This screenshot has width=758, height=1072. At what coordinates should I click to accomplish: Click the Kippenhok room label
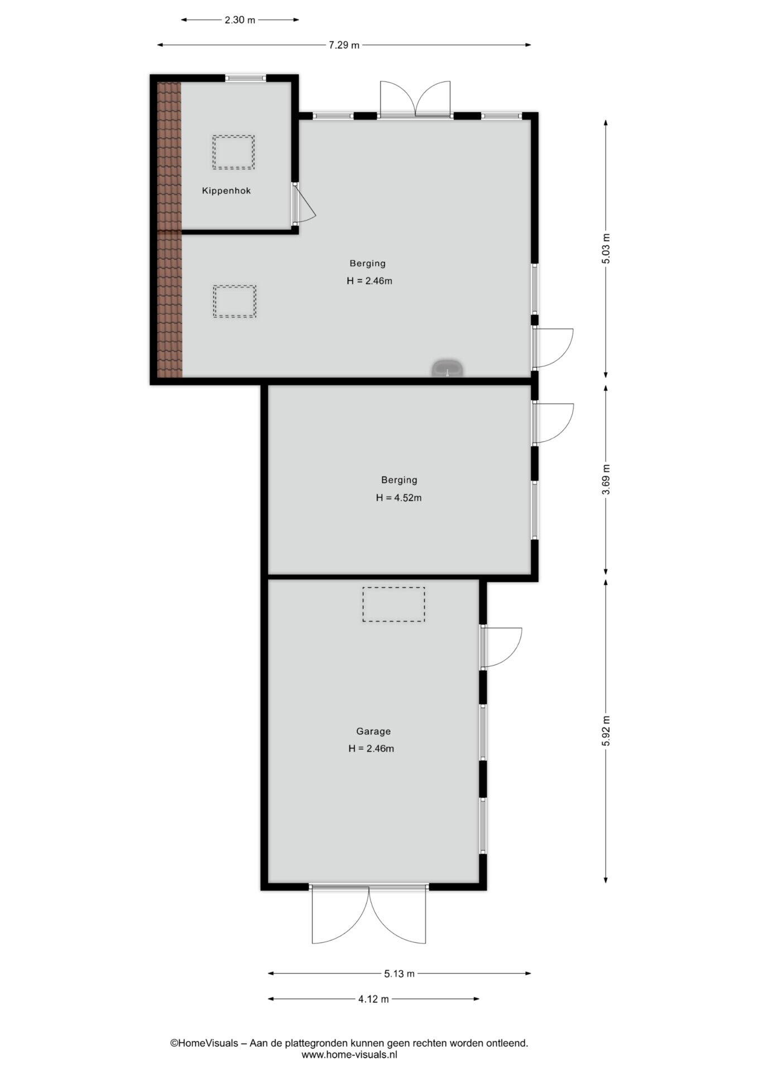coord(226,191)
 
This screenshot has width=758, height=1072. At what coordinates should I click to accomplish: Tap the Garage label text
coord(373,731)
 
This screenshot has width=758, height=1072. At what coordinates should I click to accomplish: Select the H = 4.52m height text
coord(399,497)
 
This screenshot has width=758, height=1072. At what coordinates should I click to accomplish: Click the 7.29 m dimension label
coord(344,45)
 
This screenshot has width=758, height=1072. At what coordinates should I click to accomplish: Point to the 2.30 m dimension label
coord(239,20)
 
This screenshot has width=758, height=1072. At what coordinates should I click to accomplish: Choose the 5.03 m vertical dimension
coord(606,249)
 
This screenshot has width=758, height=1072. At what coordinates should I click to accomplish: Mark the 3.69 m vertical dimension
coord(606,480)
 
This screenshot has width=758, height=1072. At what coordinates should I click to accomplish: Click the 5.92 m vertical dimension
coord(606,731)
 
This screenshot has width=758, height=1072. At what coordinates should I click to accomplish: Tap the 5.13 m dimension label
coord(399,973)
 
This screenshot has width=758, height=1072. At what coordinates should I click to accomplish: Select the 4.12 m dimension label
coord(373,999)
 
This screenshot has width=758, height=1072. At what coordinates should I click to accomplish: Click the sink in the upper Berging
coord(447,368)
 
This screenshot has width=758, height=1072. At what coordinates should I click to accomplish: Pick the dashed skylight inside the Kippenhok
coord(233,152)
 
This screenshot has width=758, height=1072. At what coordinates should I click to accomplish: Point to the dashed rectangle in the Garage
coord(394,604)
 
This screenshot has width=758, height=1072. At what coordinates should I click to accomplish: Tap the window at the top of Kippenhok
coord(246,78)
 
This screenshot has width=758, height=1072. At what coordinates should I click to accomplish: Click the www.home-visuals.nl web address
coord(349,1055)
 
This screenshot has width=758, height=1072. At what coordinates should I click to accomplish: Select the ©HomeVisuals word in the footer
coord(204,1042)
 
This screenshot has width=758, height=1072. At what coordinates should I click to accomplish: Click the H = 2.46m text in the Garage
coord(371,749)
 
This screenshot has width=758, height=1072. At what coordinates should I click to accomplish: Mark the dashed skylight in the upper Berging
coord(234,301)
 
